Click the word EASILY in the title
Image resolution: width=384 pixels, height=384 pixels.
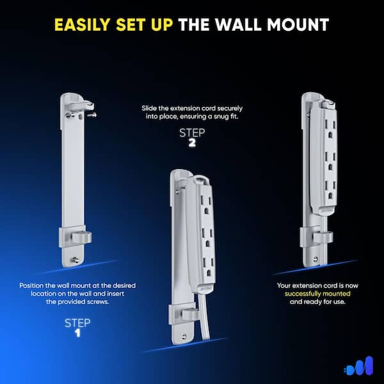pyautogui.click(x=83, y=24)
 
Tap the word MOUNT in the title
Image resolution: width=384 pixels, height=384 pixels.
pyautogui.click(x=298, y=24)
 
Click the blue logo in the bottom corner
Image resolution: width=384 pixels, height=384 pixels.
pyautogui.click(x=358, y=366)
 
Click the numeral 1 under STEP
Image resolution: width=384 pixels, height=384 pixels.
pyautogui.click(x=77, y=333)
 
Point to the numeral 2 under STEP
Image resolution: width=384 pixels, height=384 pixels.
pyautogui.click(x=192, y=143)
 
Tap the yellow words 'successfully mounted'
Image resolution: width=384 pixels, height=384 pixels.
pyautogui.click(x=317, y=294)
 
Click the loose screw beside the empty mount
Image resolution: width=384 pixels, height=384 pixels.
pyautogui.click(x=92, y=115)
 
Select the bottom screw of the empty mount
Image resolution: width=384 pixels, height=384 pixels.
pyautogui.click(x=75, y=260)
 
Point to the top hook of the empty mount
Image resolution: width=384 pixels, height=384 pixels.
pyautogui.click(x=81, y=106)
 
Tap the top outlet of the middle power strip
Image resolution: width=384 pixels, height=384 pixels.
pyautogui.click(x=206, y=205)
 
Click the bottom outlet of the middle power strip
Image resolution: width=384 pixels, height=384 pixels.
pyautogui.click(x=208, y=267)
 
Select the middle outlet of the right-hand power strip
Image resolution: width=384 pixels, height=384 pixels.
pyautogui.click(x=330, y=161)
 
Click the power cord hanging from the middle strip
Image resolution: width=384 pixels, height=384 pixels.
pyautogui.click(x=204, y=316)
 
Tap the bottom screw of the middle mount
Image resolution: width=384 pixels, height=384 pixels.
pyautogui.click(x=184, y=337)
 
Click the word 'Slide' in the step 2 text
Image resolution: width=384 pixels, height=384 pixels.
pyautogui.click(x=149, y=108)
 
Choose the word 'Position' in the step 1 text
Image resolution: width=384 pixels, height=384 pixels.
pyautogui.click(x=31, y=285)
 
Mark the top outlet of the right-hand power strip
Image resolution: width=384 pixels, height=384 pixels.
pyautogui.click(x=330, y=129)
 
